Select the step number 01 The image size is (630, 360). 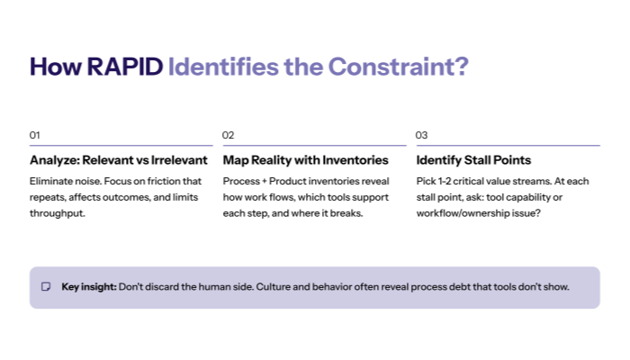[x=35, y=135]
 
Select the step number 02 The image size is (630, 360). [x=229, y=135]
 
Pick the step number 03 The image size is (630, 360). [x=421, y=135]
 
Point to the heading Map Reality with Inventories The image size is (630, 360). [x=306, y=160]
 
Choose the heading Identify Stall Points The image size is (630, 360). [x=473, y=160]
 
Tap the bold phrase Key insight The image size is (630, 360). [x=88, y=287]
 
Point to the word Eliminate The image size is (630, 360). [x=51, y=181]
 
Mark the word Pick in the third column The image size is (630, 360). [x=426, y=181]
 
